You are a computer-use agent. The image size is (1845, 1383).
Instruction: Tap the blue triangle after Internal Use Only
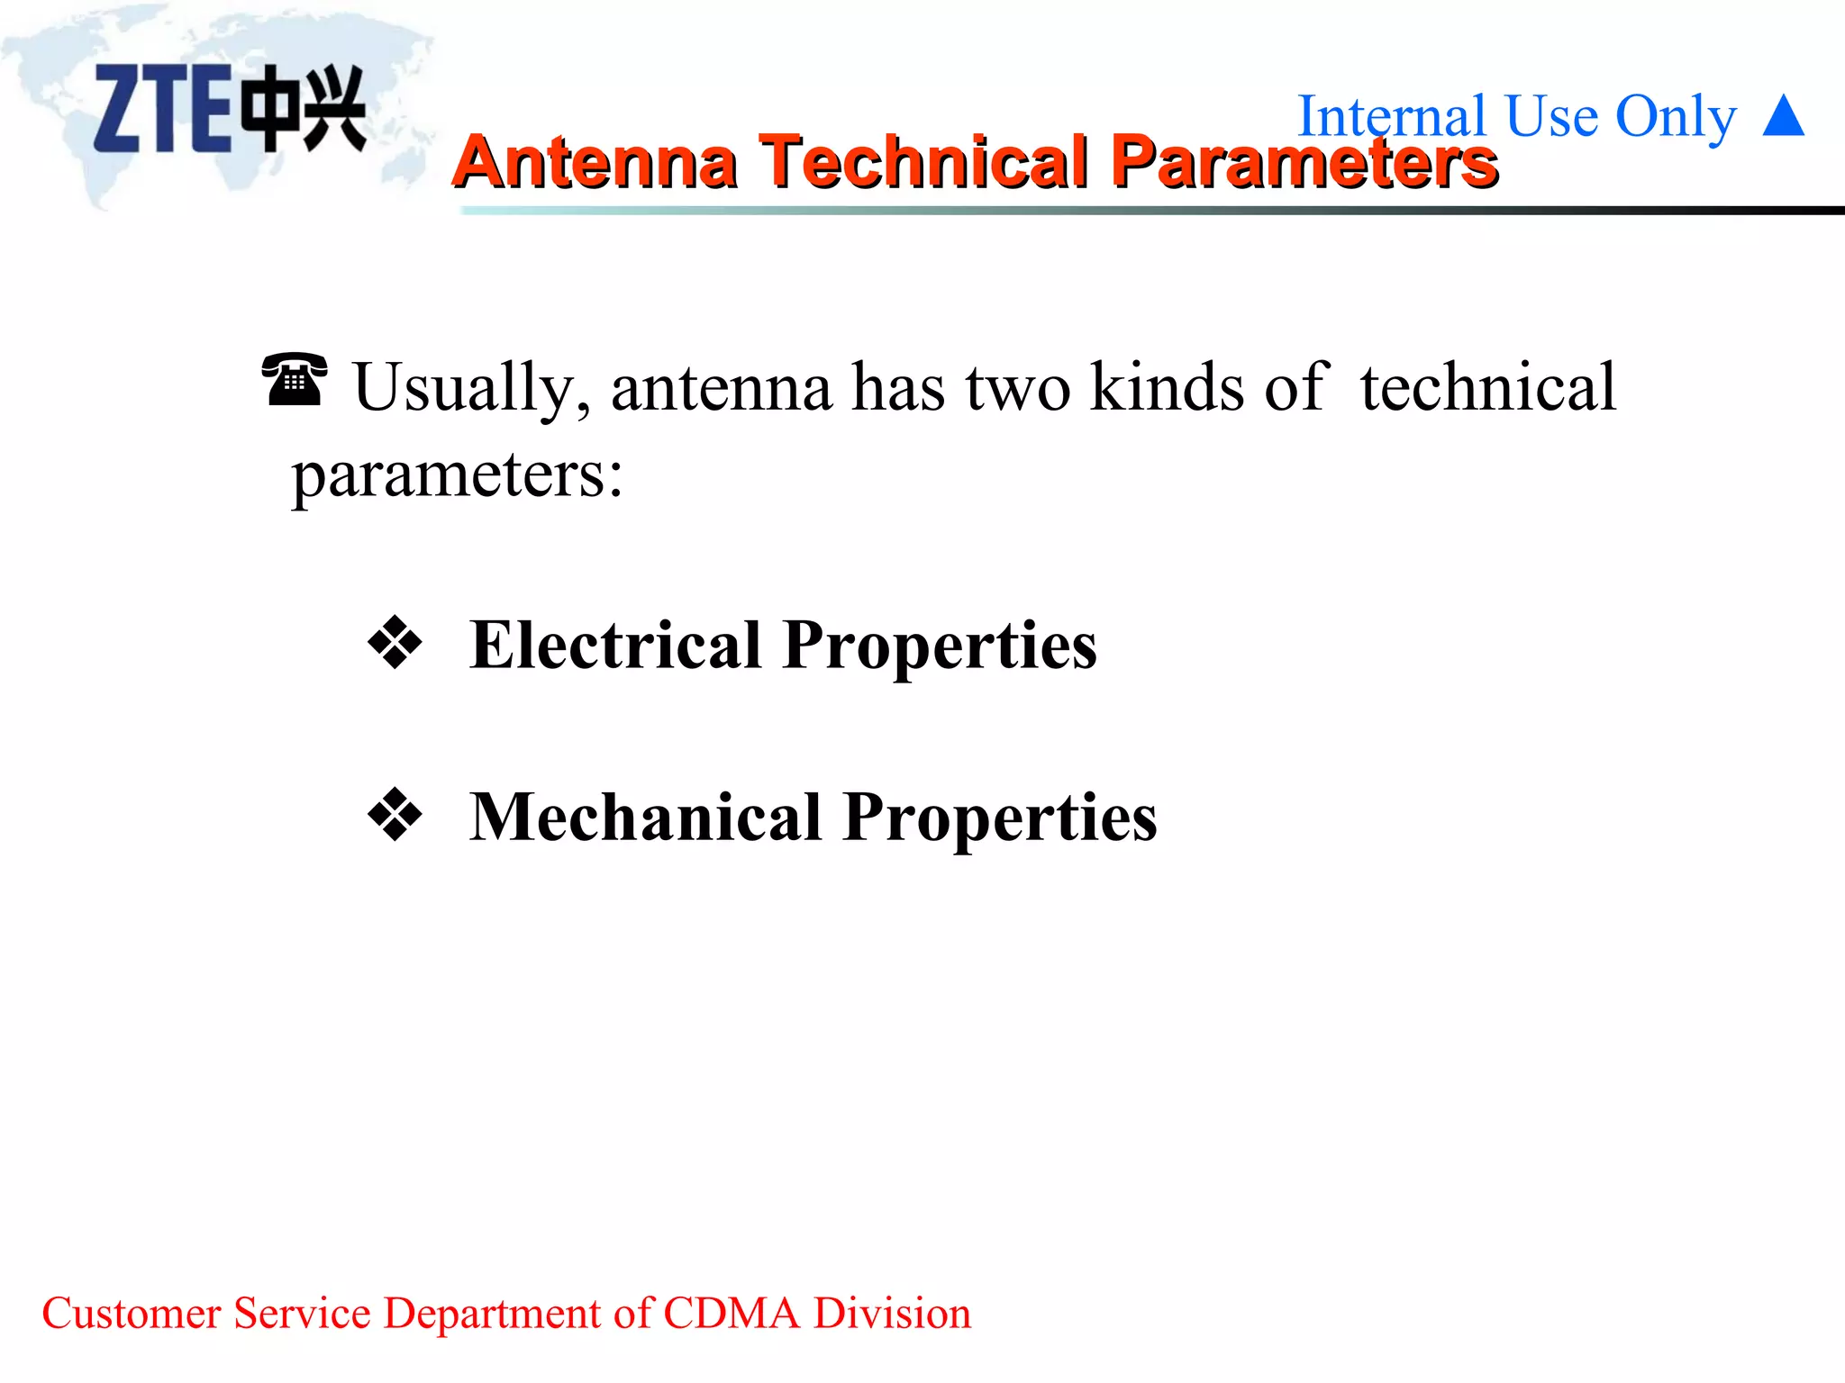click(1783, 116)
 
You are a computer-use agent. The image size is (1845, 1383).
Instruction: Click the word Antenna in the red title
click(595, 162)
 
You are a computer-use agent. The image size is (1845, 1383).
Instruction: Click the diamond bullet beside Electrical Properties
click(395, 643)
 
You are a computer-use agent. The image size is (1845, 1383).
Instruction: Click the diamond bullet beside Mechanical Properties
click(395, 815)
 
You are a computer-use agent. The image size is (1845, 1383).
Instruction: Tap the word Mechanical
click(646, 817)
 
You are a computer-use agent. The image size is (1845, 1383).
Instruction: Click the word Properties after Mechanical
click(1000, 818)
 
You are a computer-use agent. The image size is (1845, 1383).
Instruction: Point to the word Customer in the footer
click(132, 1313)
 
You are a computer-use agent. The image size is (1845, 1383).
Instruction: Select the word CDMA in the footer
click(731, 1313)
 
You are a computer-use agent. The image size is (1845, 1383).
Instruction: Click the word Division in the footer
click(892, 1313)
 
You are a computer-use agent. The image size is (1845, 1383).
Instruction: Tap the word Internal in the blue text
click(1391, 116)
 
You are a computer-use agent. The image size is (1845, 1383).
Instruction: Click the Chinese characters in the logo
click(304, 108)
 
